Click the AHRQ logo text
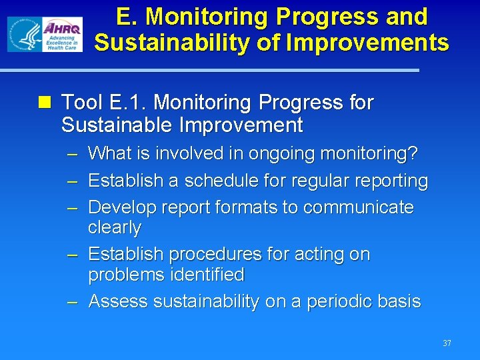pyautogui.click(x=62, y=29)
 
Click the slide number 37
pyautogui.click(x=446, y=343)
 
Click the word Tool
pyautogui.click(x=81, y=103)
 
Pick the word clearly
pyautogui.click(x=115, y=227)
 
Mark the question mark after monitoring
pyautogui.click(x=414, y=153)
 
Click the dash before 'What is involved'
pyautogui.click(x=73, y=154)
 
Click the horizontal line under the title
pyautogui.click(x=209, y=70)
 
